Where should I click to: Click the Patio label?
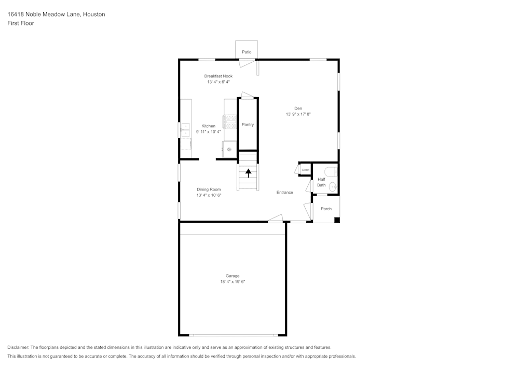coord(246,52)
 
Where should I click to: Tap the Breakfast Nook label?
coord(218,76)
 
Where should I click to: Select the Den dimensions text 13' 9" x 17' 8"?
coord(298,114)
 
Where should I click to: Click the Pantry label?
coord(248,125)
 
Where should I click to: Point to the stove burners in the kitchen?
coord(230,121)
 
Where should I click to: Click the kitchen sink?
coord(185,129)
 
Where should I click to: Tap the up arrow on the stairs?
coord(248,173)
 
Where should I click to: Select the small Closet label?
coord(306,170)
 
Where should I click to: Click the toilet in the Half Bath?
coord(331,172)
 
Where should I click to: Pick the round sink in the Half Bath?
coord(333,187)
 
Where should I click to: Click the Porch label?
coord(326,209)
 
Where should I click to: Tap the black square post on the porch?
coord(337,220)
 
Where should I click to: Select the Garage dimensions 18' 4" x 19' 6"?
coord(233,282)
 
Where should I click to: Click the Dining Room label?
coord(209,189)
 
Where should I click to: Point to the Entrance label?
coord(284,192)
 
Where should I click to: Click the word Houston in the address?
coord(94,14)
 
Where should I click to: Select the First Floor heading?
coord(21,23)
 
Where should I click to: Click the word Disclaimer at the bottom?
coord(18,347)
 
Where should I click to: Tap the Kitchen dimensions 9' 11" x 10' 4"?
coord(208,132)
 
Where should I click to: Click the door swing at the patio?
coord(247,63)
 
